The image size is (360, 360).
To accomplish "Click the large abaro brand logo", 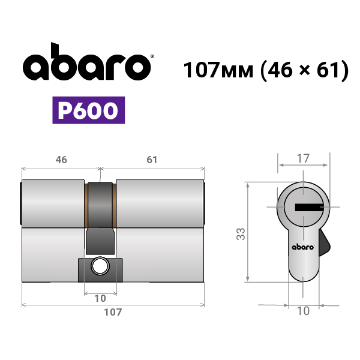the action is point(87,61).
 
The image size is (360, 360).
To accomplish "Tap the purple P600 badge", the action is point(89,110).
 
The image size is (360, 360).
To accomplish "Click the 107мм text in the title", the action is point(218,70).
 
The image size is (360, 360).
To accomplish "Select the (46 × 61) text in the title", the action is point(305,70).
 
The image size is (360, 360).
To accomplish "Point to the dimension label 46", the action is point(61,160).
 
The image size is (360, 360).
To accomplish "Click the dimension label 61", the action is point(152,160).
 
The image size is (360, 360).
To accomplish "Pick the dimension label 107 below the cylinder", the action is point(113,312).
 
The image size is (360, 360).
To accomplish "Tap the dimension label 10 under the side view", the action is point(100,298).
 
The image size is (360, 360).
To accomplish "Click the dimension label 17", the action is point(303,158).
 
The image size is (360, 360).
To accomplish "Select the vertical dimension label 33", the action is point(241,234).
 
